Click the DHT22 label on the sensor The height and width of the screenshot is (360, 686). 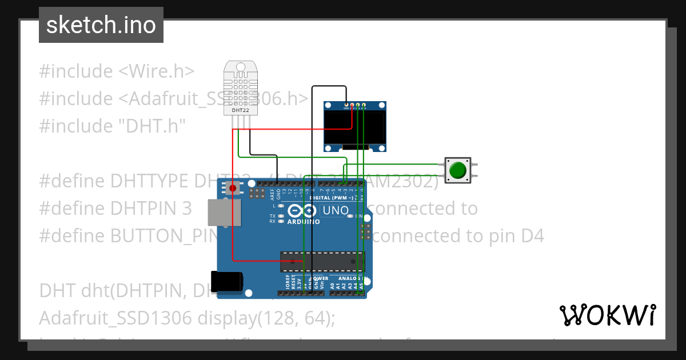pos(241,110)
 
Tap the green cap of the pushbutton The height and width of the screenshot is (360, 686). pos(457,170)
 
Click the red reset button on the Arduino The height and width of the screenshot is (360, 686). pos(233,188)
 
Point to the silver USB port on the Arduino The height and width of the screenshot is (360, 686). pos(220,211)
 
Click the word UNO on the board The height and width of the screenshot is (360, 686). pos(336,210)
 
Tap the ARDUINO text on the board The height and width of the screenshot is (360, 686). pos(303,221)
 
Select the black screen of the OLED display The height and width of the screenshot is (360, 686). pos(354,127)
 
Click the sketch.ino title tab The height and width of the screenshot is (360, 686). pos(101,25)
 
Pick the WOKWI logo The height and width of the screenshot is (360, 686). pos(607,315)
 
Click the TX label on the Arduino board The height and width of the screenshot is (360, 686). pos(273,216)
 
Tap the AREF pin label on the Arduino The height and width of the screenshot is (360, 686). pos(272,194)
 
